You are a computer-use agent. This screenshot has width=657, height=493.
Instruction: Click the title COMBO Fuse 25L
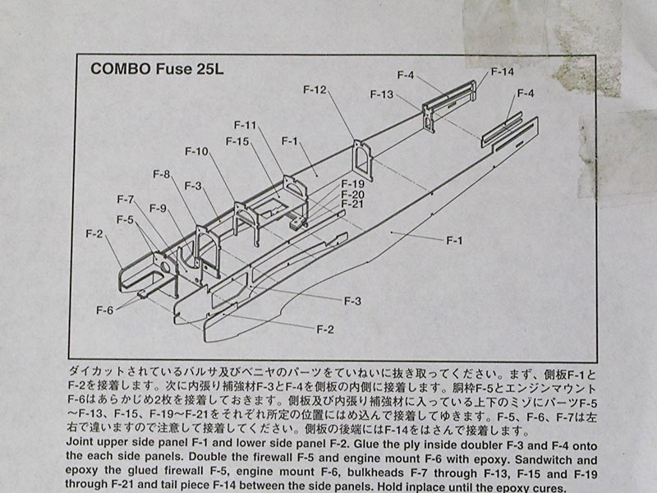tap(157, 69)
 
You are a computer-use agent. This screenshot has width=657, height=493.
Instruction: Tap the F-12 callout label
tap(315, 90)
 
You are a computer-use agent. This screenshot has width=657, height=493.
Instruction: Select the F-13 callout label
tap(382, 94)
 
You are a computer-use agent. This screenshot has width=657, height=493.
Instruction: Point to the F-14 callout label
tap(503, 71)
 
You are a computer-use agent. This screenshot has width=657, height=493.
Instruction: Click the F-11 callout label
tap(245, 125)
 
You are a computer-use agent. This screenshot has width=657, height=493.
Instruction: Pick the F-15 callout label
tap(237, 141)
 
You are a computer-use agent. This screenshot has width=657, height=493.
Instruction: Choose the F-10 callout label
tap(196, 151)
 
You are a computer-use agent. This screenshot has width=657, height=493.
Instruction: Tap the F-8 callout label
tap(161, 174)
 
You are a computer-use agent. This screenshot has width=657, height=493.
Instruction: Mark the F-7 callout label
tap(126, 200)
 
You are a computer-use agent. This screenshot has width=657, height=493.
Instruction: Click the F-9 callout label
tap(158, 209)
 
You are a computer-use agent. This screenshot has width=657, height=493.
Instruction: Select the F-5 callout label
tap(125, 219)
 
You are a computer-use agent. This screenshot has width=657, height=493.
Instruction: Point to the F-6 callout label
tap(105, 311)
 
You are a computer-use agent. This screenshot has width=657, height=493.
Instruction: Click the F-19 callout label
tap(353, 184)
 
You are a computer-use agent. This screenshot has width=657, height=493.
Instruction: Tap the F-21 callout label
tap(352, 204)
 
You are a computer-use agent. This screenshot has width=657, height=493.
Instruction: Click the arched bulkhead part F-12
tap(362, 160)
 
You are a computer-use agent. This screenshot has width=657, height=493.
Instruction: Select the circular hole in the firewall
tap(166, 266)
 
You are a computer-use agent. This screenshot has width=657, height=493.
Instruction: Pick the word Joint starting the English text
tap(80, 443)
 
